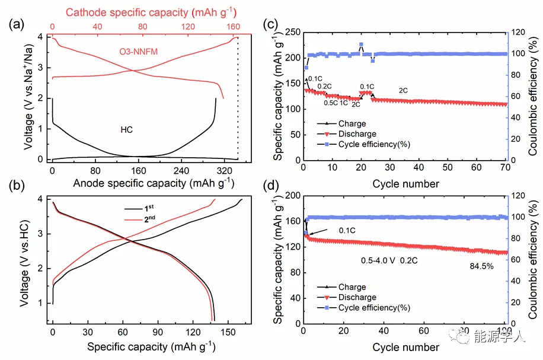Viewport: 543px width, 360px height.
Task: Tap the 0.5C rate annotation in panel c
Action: tap(330, 103)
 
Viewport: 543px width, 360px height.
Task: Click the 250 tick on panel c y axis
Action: tap(294, 32)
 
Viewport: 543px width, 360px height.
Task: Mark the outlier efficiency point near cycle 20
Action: tap(361, 44)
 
